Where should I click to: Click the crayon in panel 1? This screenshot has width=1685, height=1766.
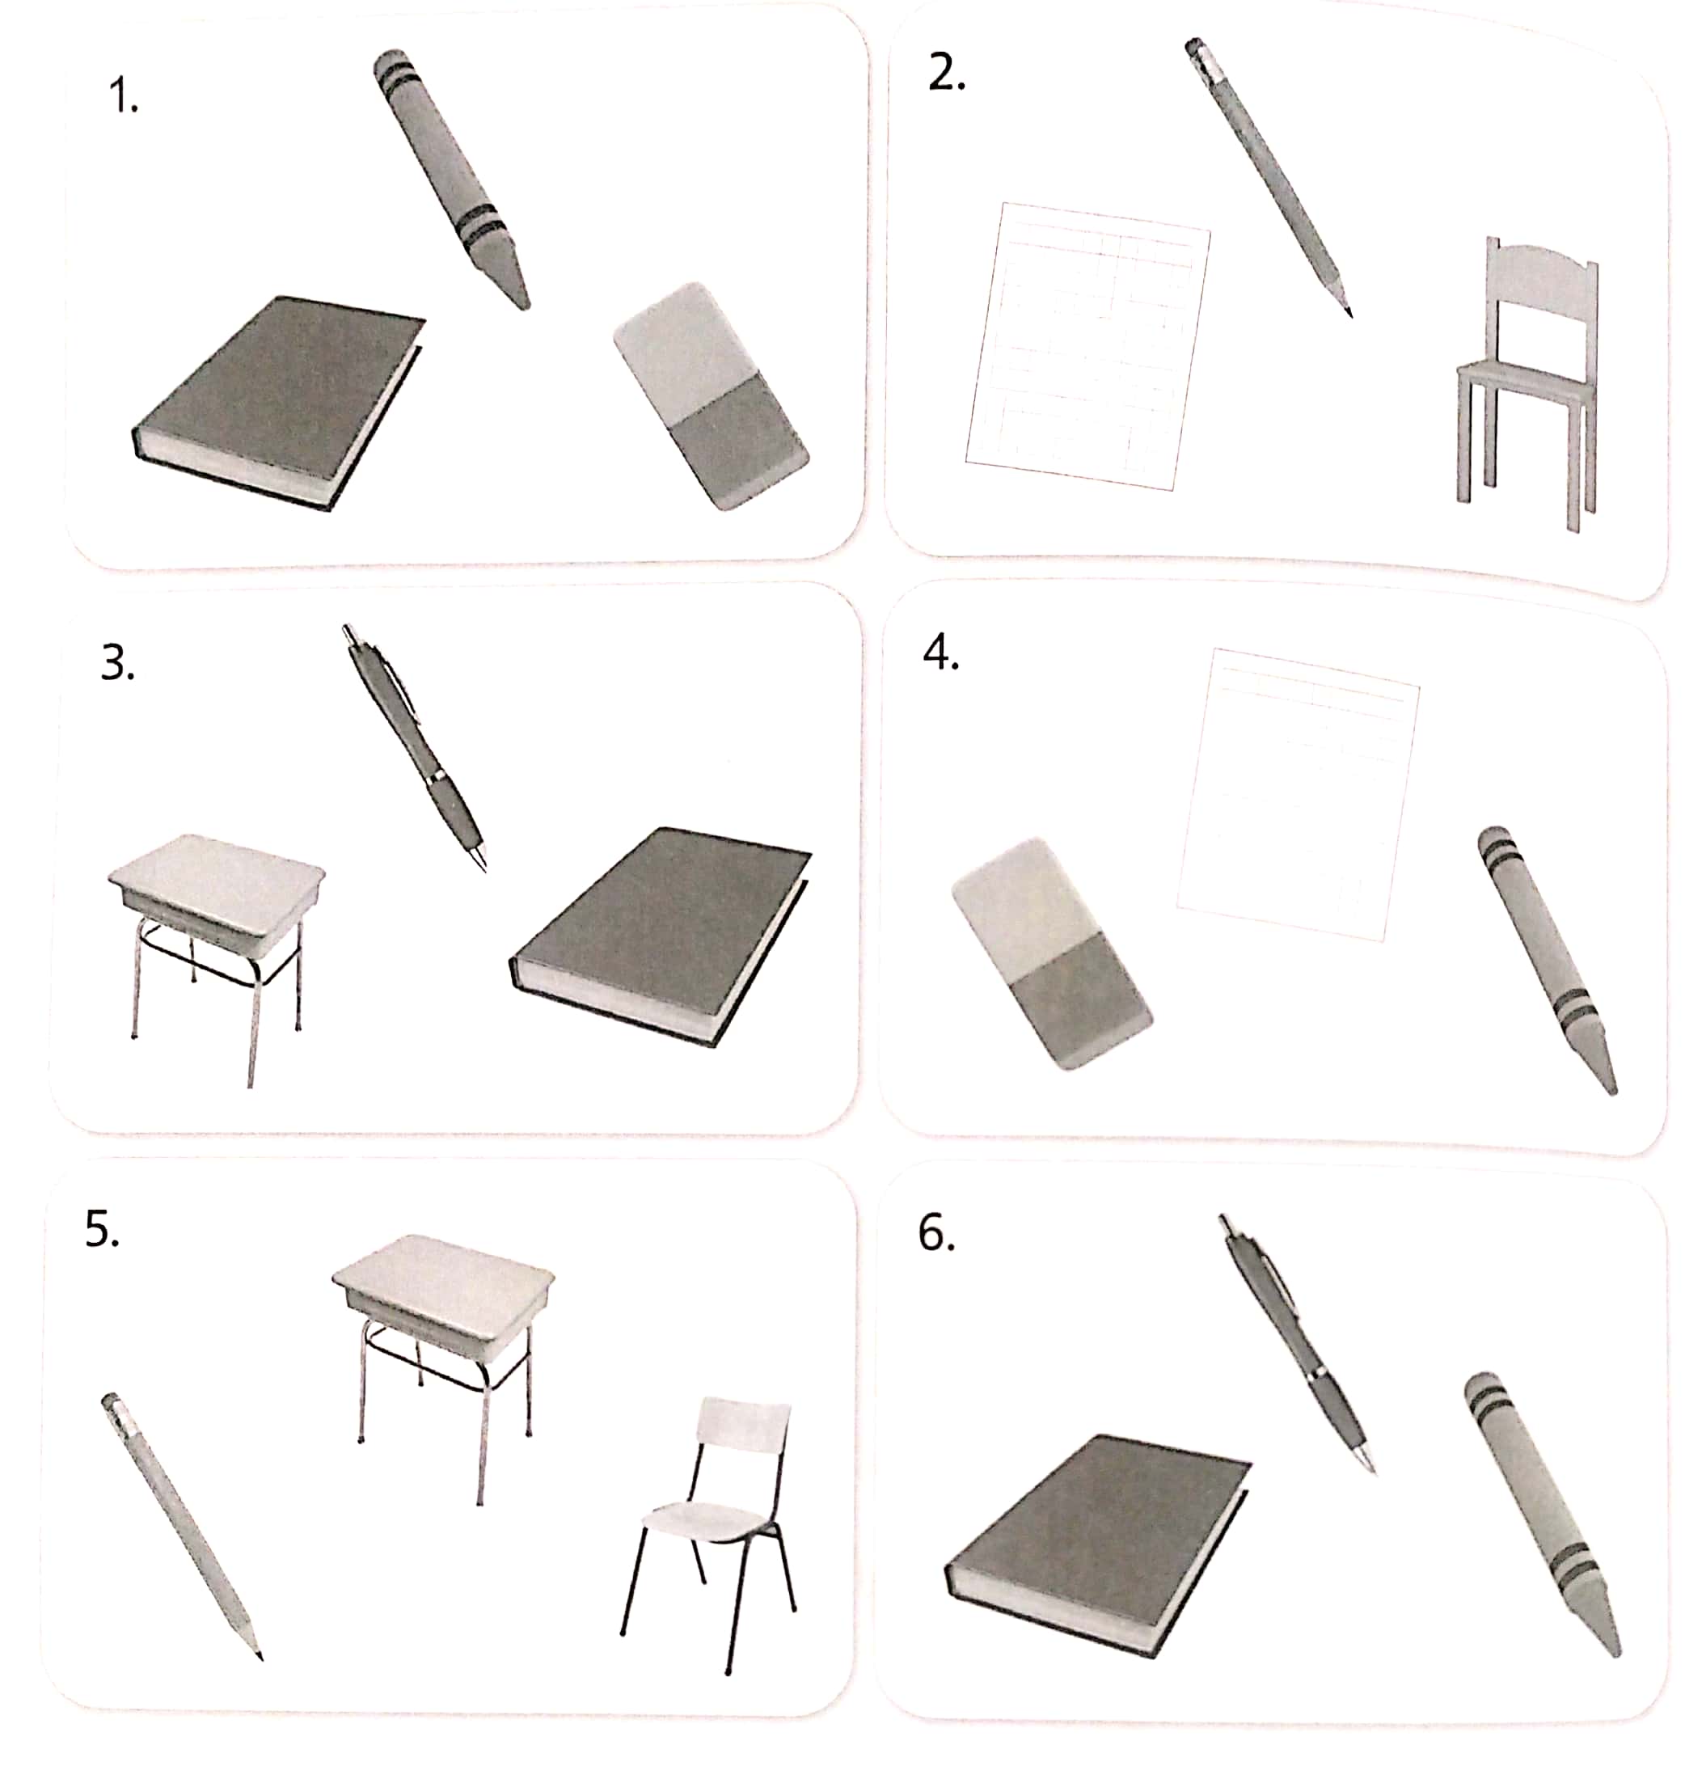[x=449, y=175]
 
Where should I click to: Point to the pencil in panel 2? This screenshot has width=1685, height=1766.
[x=1271, y=175]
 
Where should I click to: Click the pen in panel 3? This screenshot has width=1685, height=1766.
[x=415, y=746]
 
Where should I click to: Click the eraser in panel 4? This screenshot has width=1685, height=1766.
[x=1051, y=953]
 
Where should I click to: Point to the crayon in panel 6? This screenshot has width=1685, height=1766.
[x=1540, y=1509]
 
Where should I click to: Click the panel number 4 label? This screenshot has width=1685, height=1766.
[x=940, y=653]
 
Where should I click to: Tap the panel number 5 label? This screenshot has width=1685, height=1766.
[x=102, y=1229]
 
